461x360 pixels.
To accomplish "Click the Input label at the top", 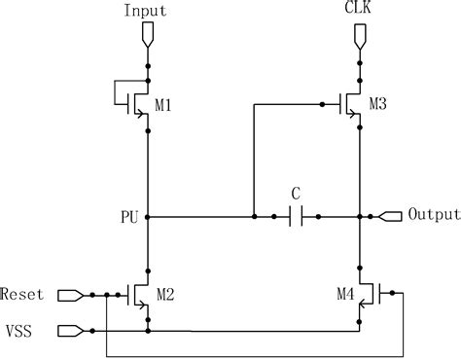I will (146, 11).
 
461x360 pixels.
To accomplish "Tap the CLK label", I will (359, 11).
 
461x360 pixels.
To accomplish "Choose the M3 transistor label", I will (379, 105).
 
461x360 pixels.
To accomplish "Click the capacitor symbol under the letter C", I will (296, 216).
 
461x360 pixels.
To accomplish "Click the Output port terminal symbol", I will (390, 215).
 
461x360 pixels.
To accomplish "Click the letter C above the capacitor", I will (296, 193).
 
